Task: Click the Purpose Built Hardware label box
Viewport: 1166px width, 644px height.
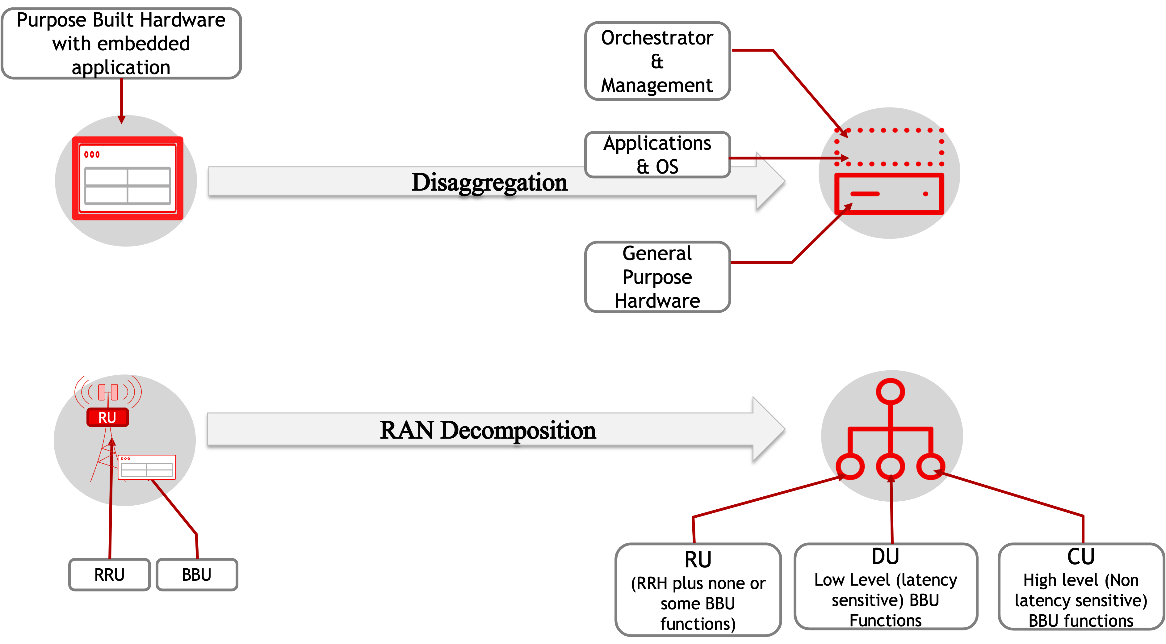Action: coord(121,44)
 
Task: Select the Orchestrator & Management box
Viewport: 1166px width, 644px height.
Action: coord(657,61)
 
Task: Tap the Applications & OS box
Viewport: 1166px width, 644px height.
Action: coord(657,154)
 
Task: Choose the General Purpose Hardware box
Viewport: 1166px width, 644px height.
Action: coord(657,277)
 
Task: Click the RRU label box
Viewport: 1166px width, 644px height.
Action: coord(109,574)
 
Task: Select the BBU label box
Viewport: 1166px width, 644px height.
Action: coord(196,574)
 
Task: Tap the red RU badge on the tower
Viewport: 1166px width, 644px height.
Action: coord(107,417)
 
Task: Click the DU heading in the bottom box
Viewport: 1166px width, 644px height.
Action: coord(885,557)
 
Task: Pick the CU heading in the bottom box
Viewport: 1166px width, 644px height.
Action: coord(1081,557)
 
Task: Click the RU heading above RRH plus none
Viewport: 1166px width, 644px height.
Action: coord(698,560)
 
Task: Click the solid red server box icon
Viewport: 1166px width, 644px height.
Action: coord(889,194)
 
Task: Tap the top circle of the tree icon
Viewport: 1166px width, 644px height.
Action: coord(890,392)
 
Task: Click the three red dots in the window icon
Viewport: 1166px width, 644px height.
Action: coord(92,154)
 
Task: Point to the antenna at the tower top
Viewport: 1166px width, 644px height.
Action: coord(108,392)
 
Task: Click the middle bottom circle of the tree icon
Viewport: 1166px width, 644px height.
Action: coord(890,466)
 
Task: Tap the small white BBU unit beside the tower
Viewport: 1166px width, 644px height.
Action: coord(147,467)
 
